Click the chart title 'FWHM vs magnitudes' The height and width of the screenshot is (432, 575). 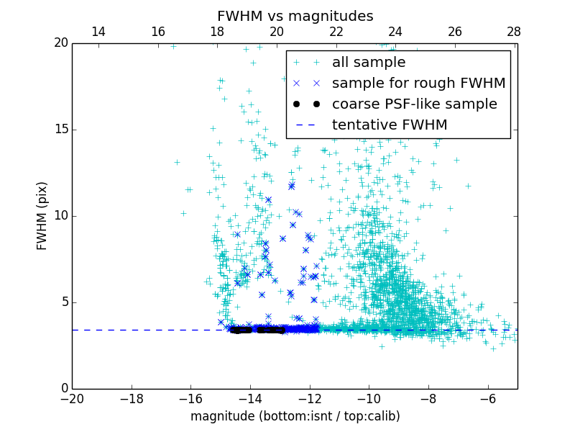point(295,16)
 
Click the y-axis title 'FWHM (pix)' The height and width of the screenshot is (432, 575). point(42,215)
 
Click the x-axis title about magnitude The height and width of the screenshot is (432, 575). point(295,416)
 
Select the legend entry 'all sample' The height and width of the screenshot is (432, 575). point(369,63)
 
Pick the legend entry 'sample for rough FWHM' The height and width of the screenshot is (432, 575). point(418,84)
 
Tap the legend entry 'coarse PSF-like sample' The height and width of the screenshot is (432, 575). point(414,104)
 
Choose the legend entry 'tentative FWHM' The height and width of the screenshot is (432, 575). point(390,125)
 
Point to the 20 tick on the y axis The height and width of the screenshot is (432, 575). point(60,43)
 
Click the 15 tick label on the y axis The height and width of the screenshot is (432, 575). point(60,130)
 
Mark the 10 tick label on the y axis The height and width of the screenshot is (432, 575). point(60,216)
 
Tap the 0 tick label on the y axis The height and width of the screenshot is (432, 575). point(64,389)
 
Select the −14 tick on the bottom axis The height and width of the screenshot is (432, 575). point(249,398)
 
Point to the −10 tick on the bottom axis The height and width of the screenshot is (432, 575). point(368,398)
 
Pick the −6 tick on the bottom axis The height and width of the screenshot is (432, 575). point(487,398)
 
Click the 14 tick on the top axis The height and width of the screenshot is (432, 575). point(98,32)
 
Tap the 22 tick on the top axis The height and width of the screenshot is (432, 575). point(336,32)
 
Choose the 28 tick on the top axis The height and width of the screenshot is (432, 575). point(514,32)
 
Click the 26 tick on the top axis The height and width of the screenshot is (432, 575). point(455,32)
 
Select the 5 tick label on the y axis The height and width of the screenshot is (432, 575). point(64,302)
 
